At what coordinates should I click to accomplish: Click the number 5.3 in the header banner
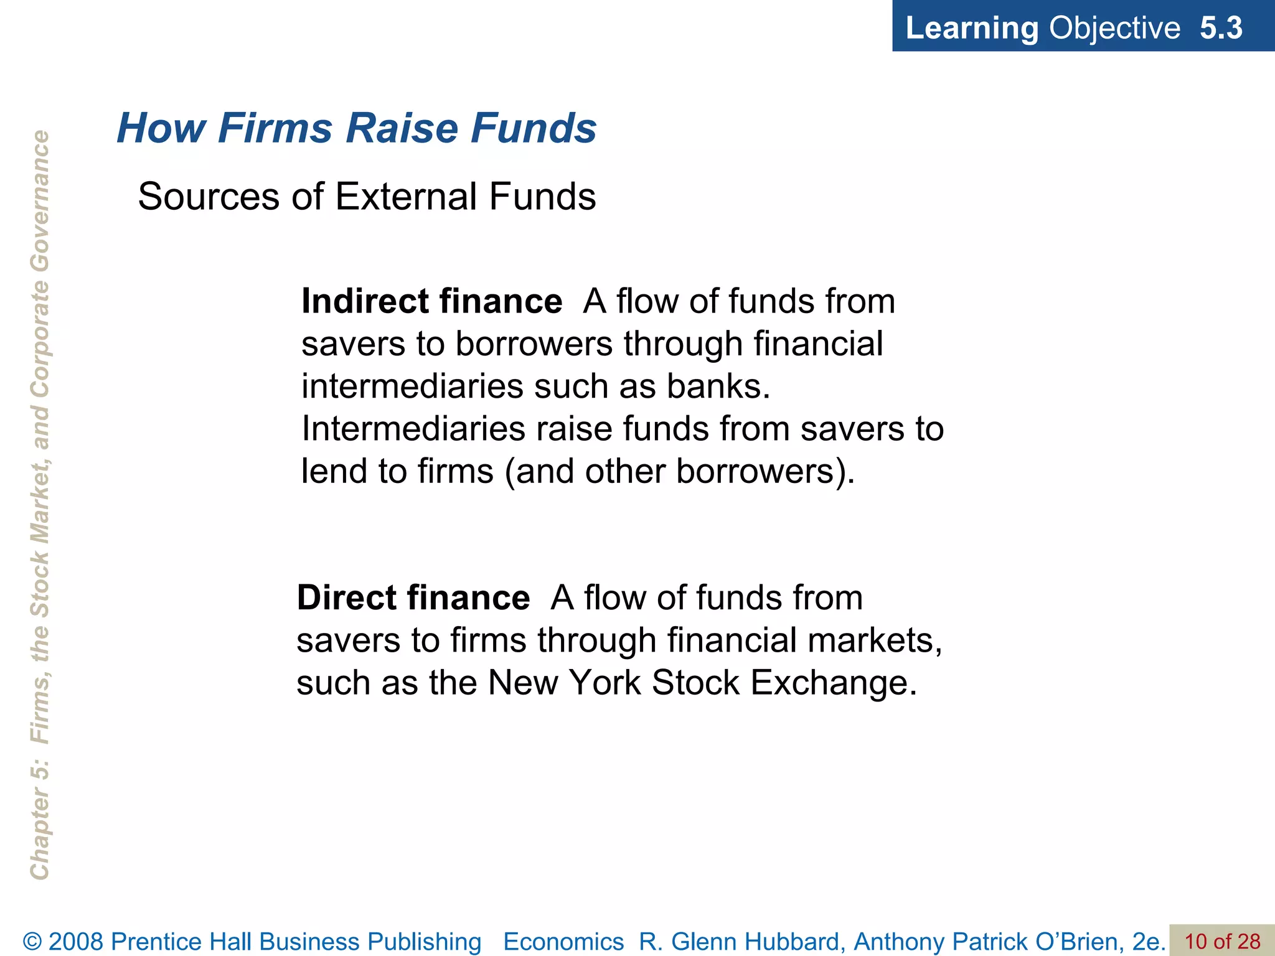tap(1221, 28)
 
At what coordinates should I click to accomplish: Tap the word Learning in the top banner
tap(971, 28)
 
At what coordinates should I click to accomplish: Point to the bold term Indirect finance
tap(431, 301)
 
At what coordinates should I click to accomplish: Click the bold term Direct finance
tap(413, 597)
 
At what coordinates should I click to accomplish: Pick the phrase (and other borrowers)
tap(680, 471)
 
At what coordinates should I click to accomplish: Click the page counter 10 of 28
tap(1222, 941)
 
